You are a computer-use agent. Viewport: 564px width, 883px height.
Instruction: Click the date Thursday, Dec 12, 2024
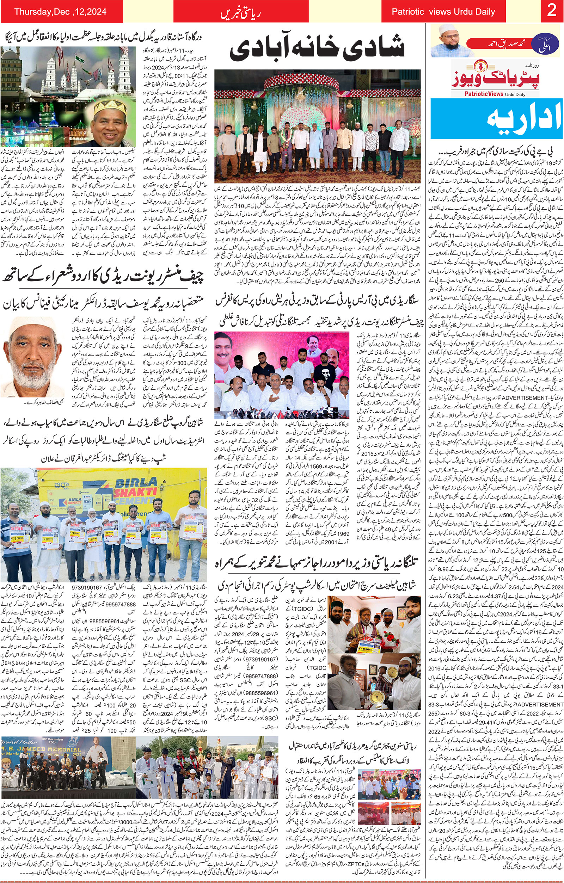[x=60, y=11]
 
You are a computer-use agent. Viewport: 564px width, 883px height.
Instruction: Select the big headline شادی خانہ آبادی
[x=317, y=47]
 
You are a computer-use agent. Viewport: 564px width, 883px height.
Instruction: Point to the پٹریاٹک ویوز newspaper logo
[x=495, y=79]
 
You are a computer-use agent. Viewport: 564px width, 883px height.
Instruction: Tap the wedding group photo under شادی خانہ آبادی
[x=317, y=127]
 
